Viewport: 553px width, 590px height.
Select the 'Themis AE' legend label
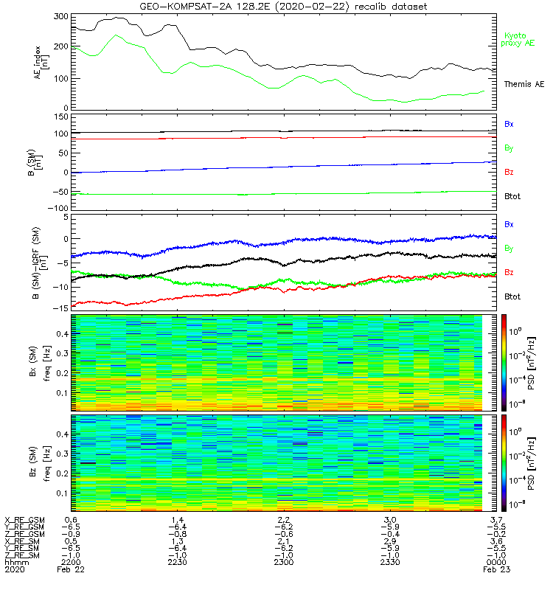coord(523,85)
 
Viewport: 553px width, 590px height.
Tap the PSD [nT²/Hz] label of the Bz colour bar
coord(542,462)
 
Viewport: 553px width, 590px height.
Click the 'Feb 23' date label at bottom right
coord(493,570)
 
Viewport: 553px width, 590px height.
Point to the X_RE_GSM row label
coord(24,520)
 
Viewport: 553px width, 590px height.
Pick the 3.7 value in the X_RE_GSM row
coord(497,520)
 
